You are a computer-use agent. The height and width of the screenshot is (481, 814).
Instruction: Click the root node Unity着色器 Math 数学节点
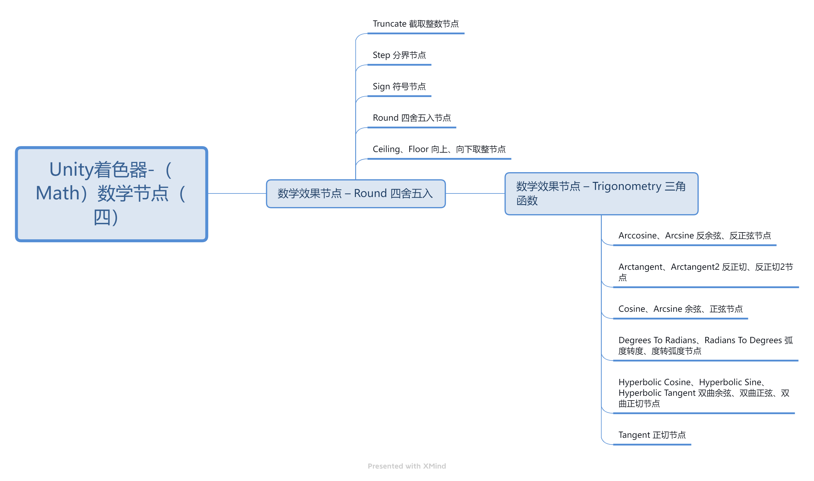(111, 194)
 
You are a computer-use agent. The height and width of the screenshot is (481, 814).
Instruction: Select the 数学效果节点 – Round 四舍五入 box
(356, 193)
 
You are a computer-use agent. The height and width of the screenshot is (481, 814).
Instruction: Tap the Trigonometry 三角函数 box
(601, 193)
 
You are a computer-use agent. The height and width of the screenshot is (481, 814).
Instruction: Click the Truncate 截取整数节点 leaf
(416, 24)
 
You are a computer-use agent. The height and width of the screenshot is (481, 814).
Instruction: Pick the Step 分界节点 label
(399, 55)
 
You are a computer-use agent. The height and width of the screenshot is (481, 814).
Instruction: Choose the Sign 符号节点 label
(399, 87)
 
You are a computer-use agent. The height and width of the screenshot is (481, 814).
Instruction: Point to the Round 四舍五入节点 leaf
(412, 118)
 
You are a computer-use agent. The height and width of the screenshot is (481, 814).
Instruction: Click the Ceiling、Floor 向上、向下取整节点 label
(439, 149)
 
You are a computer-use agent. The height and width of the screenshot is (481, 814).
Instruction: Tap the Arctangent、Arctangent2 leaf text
(706, 272)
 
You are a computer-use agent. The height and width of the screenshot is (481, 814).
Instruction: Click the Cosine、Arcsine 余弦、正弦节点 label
(681, 309)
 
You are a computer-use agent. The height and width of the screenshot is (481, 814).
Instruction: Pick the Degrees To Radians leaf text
(706, 346)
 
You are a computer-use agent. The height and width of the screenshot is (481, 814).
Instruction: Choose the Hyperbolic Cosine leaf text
(704, 393)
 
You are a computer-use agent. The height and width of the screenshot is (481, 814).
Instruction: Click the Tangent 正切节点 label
(652, 435)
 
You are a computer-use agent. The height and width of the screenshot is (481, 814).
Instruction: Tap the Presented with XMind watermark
(407, 466)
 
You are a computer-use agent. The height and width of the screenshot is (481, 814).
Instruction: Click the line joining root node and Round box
(237, 193)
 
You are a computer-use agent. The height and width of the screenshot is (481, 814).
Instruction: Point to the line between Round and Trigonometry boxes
(475, 193)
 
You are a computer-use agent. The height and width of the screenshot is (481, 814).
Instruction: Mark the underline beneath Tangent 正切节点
(652, 445)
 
